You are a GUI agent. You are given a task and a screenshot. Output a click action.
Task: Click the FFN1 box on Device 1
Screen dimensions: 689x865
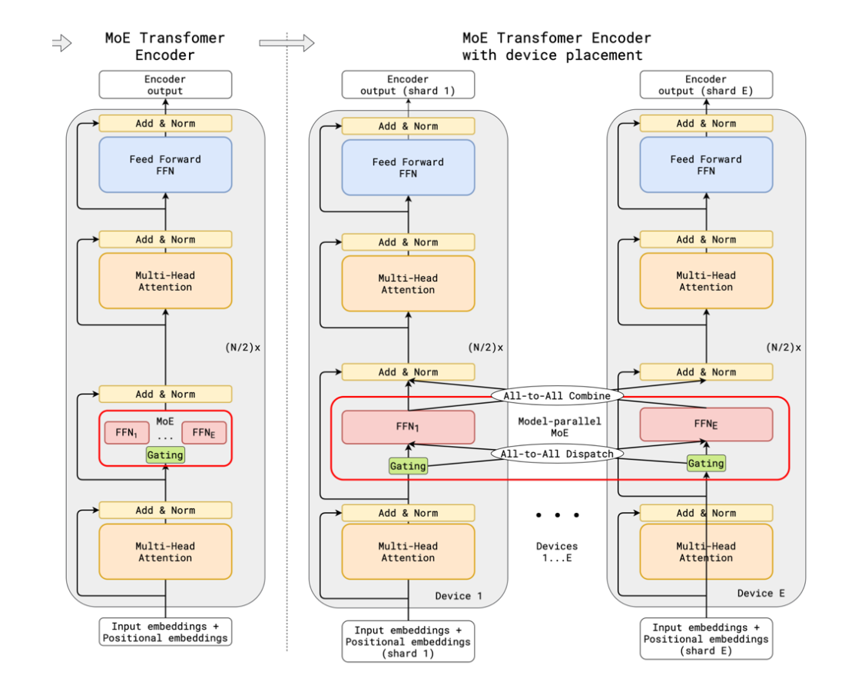tap(408, 427)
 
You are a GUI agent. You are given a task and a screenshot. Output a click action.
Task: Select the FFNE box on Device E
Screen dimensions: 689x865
tap(705, 424)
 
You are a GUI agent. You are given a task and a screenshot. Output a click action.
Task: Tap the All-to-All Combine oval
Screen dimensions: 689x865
tap(557, 396)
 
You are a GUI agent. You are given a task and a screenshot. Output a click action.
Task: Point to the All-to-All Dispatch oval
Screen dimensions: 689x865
tap(557, 454)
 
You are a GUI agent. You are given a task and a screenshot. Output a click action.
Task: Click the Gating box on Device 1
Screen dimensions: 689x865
tap(408, 466)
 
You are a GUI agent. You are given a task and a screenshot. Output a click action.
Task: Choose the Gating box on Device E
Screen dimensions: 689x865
tap(705, 463)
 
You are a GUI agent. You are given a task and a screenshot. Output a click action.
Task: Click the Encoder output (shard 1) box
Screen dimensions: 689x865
tap(408, 85)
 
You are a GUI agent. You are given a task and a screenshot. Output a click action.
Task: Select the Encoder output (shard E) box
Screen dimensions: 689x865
tap(705, 85)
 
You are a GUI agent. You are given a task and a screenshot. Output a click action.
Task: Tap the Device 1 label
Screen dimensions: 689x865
tap(459, 596)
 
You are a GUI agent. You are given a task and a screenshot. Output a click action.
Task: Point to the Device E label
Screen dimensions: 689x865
tap(761, 593)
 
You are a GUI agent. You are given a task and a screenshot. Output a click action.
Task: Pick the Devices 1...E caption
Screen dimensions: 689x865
tap(557, 552)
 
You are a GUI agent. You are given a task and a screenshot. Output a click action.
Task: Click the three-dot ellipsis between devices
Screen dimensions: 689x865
tap(558, 514)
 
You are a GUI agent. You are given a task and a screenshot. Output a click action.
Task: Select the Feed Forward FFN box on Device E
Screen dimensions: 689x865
tap(705, 165)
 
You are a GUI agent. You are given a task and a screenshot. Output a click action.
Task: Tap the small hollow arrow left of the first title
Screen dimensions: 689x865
tap(61, 44)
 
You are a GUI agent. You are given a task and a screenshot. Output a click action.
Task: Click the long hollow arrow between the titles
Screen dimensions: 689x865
tap(287, 44)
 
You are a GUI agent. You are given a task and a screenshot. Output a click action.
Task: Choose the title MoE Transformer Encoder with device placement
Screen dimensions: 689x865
tap(556, 46)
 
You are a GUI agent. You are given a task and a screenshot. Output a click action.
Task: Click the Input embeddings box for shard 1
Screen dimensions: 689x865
tap(408, 641)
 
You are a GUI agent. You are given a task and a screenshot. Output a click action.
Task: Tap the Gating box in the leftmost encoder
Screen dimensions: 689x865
tap(165, 454)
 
